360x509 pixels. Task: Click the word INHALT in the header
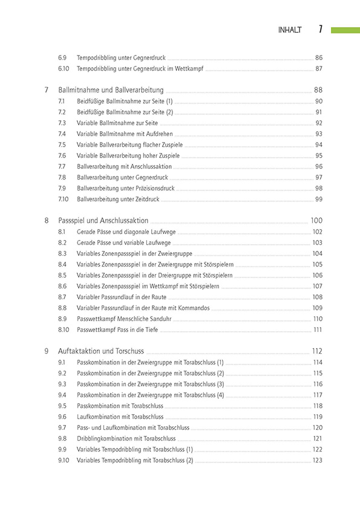289,30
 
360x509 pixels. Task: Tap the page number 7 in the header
320,29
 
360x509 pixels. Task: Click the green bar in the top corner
345,29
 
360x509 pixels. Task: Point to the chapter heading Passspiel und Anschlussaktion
103,221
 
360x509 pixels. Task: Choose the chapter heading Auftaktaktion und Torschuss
101,351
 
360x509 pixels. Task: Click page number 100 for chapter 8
316,221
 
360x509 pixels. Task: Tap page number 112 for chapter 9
316,351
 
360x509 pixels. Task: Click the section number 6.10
64,68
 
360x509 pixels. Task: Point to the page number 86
319,57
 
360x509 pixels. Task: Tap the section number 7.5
62,144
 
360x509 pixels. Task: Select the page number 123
317,460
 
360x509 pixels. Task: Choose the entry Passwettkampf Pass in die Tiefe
118,329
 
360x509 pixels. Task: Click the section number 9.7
62,427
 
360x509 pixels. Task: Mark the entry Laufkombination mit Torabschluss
120,417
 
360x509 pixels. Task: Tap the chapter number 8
47,221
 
